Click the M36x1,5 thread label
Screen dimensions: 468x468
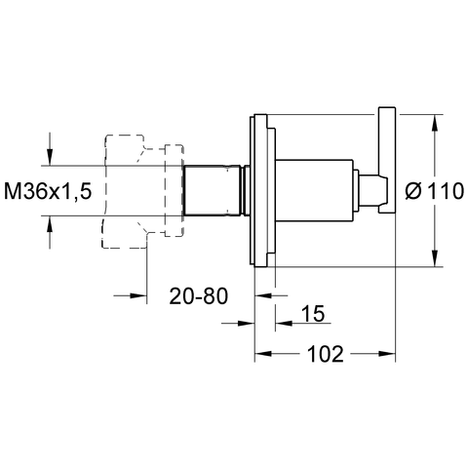point(48,191)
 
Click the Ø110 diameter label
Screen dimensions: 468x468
point(435,191)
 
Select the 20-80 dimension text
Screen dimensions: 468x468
point(199,296)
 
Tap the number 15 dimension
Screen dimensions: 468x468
point(313,314)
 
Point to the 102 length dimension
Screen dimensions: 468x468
point(325,354)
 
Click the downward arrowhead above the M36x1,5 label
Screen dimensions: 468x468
point(50,157)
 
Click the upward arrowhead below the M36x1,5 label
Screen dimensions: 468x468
point(50,224)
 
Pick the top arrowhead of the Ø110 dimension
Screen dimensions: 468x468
point(435,123)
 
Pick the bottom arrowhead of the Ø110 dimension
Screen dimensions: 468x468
point(435,258)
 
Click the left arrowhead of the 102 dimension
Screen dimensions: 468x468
point(263,354)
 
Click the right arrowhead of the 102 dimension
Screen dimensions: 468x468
point(387,354)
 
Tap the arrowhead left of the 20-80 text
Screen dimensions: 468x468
point(138,295)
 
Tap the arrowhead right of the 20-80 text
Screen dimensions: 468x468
point(263,295)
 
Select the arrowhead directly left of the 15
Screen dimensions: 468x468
point(284,323)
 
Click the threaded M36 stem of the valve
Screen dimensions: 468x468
point(213,190)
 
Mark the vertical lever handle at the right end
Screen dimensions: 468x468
point(387,160)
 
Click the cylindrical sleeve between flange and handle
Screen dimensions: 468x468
point(314,190)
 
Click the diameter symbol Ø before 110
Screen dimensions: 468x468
point(413,191)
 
